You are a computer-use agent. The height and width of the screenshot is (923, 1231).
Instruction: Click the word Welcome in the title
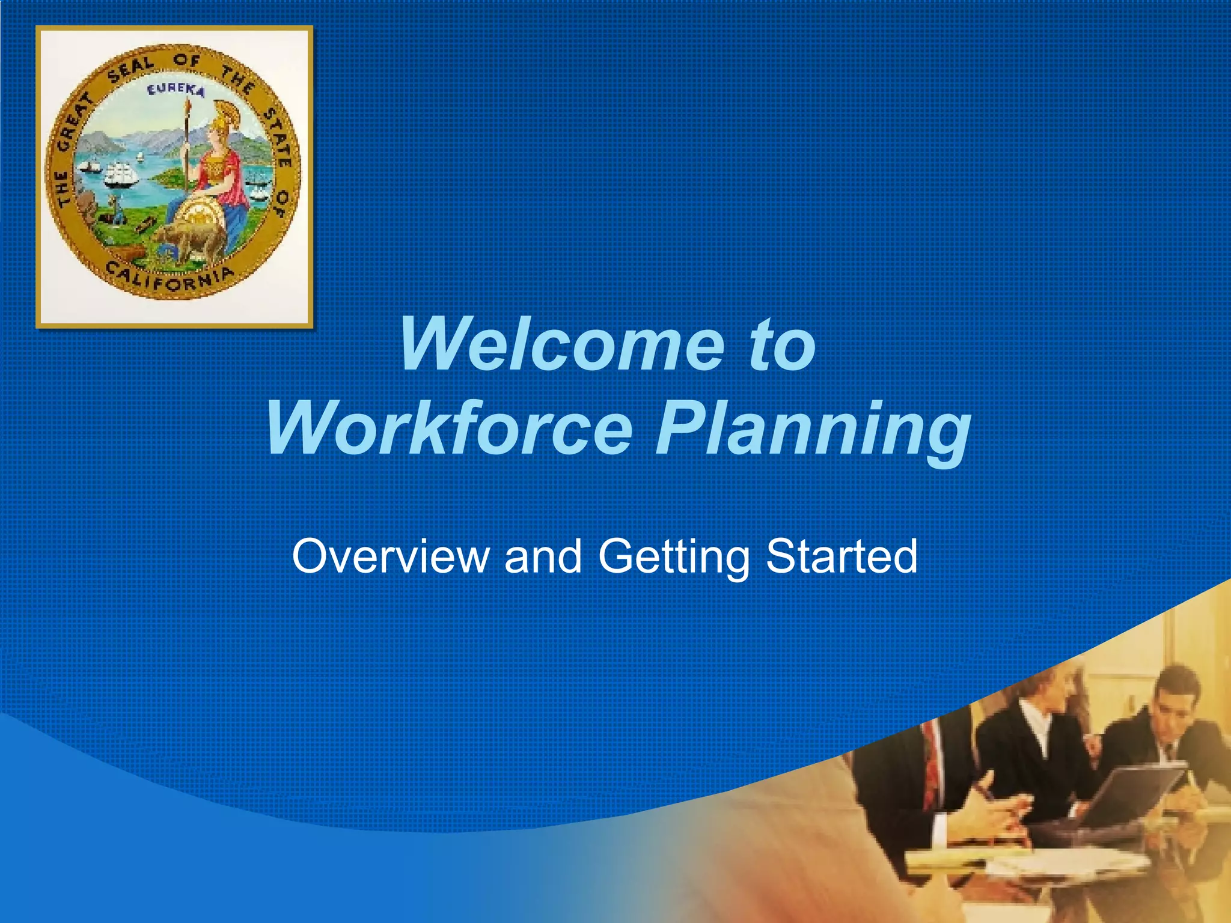(562, 345)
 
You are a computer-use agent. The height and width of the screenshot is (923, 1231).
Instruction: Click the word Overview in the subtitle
(390, 556)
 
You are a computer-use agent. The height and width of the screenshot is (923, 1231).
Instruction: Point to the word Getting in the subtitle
(674, 558)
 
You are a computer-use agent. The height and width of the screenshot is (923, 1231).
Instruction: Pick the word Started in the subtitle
(842, 556)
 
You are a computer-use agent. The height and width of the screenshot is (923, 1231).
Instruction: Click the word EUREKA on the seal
(176, 91)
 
